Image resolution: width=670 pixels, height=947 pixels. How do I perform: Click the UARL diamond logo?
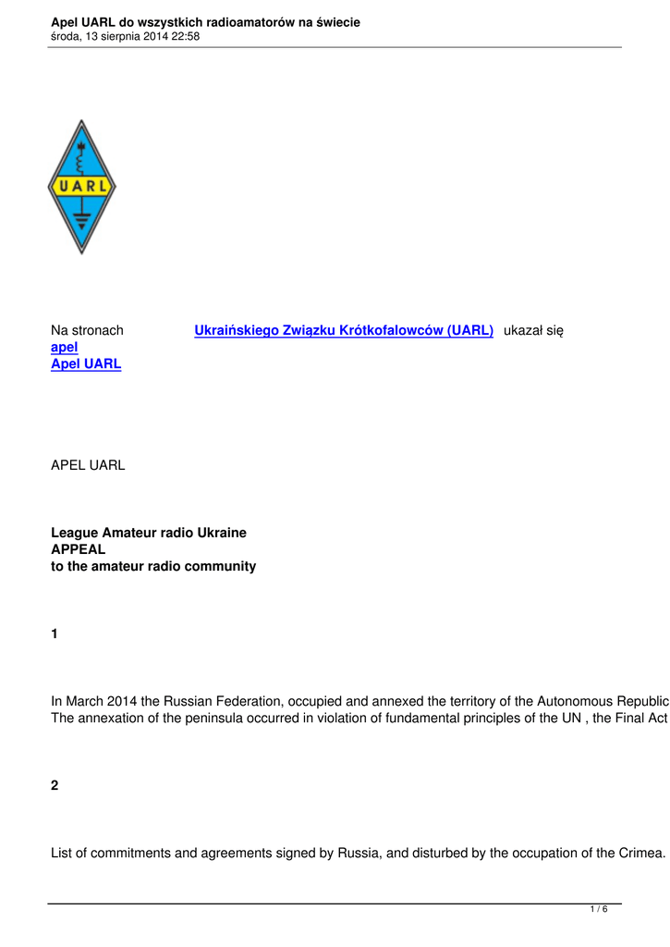[81, 187]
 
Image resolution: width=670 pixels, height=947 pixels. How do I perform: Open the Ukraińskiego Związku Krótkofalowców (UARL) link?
[343, 330]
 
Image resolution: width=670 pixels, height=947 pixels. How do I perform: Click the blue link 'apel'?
[64, 347]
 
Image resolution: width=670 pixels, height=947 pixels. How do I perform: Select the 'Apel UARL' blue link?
[85, 363]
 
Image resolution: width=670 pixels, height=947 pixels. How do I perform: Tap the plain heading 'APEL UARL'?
[87, 465]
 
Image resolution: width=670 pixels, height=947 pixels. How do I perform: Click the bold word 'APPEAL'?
[78, 549]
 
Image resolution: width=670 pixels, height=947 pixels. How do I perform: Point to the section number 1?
[55, 634]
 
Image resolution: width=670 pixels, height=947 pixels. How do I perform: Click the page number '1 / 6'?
[599, 910]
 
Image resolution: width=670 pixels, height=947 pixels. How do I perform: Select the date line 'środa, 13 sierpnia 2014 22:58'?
[125, 37]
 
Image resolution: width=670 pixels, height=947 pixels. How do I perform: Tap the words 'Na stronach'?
[87, 330]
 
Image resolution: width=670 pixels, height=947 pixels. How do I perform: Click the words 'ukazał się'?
[533, 330]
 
